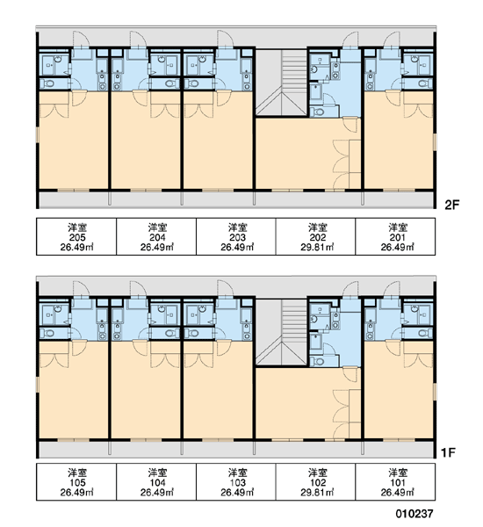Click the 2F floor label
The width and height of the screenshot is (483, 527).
click(451, 205)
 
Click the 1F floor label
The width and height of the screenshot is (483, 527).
click(448, 452)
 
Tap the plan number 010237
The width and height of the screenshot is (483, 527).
click(415, 513)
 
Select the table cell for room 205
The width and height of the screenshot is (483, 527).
click(76, 236)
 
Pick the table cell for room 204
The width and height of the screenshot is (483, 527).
click(156, 236)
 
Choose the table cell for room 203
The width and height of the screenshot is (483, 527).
click(236, 236)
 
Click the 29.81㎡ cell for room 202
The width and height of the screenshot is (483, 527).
click(316, 236)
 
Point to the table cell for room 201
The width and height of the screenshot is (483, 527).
click(395, 236)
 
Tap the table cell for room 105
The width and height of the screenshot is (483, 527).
click(76, 482)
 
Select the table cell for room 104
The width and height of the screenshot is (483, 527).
click(156, 482)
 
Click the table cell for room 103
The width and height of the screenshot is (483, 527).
click(236, 482)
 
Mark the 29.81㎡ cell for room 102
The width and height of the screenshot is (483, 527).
click(316, 482)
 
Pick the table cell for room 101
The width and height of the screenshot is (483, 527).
click(395, 482)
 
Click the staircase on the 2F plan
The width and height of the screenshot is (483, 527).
click(281, 83)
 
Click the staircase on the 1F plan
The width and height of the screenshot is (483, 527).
click(281, 332)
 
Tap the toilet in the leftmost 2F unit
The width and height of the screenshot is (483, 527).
click(48, 83)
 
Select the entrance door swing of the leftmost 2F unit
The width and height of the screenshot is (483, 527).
click(82, 40)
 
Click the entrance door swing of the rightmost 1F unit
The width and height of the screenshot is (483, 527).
click(392, 289)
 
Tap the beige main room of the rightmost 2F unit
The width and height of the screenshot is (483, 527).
click(399, 140)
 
